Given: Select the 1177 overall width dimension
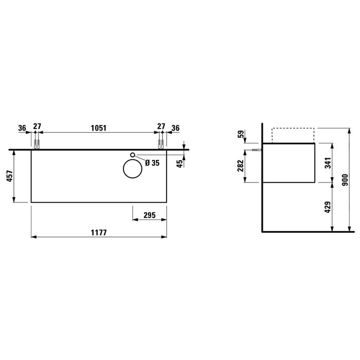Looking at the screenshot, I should (98, 232).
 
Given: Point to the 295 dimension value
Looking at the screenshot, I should (150, 215).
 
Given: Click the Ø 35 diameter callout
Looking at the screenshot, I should (153, 163).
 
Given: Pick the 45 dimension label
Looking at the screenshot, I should (179, 164).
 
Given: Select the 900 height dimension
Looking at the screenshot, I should (345, 180).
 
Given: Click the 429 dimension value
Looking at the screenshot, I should (328, 207).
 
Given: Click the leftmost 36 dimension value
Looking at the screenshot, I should (22, 128).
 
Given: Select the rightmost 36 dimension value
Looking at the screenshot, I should (176, 128).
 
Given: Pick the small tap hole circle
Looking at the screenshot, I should (133, 155).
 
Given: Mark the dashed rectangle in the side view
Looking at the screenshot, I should (292, 134).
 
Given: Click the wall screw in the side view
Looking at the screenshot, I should (257, 150).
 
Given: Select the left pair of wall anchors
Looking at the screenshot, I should (37, 143).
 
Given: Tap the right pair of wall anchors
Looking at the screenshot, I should (160, 143).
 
